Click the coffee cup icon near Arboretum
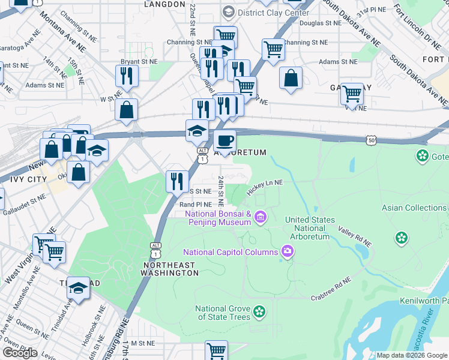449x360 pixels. pyautogui.click(x=224, y=141)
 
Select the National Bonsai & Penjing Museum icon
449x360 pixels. pyautogui.click(x=261, y=216)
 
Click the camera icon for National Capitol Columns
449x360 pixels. pyautogui.click(x=288, y=251)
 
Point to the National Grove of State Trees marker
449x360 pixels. pyautogui.click(x=259, y=311)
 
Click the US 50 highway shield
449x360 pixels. pyautogui.click(x=372, y=140)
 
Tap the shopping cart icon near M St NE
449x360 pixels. pyautogui.click(x=216, y=350)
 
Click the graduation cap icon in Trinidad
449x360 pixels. pyautogui.click(x=77, y=288)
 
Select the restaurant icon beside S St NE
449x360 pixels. pyautogui.click(x=177, y=181)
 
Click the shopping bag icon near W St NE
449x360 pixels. pyautogui.click(x=127, y=110)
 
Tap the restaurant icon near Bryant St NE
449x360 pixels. pyautogui.click(x=127, y=76)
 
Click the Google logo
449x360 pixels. pyautogui.click(x=20, y=353)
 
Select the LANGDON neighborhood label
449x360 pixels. pyautogui.click(x=164, y=4)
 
